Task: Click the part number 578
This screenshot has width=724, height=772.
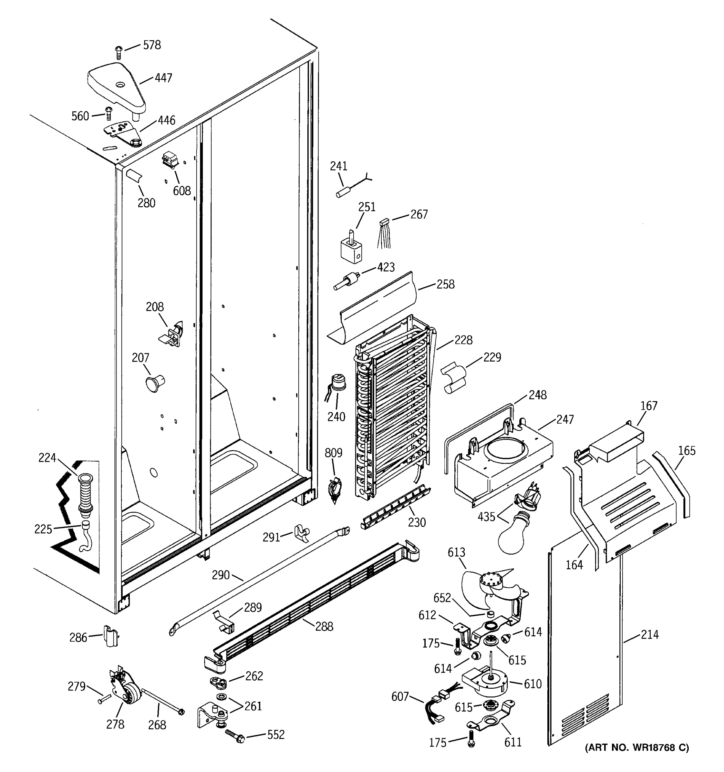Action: pyautogui.click(x=152, y=45)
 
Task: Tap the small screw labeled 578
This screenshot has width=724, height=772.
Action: pyautogui.click(x=118, y=52)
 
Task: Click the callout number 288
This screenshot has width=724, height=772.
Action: pyautogui.click(x=324, y=626)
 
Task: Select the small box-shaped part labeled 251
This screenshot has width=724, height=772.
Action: pyautogui.click(x=351, y=250)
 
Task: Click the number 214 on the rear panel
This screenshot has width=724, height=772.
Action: pyautogui.click(x=649, y=635)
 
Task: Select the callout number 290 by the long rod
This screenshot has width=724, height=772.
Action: pyautogui.click(x=221, y=575)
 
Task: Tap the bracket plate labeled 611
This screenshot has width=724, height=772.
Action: pyautogui.click(x=491, y=723)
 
